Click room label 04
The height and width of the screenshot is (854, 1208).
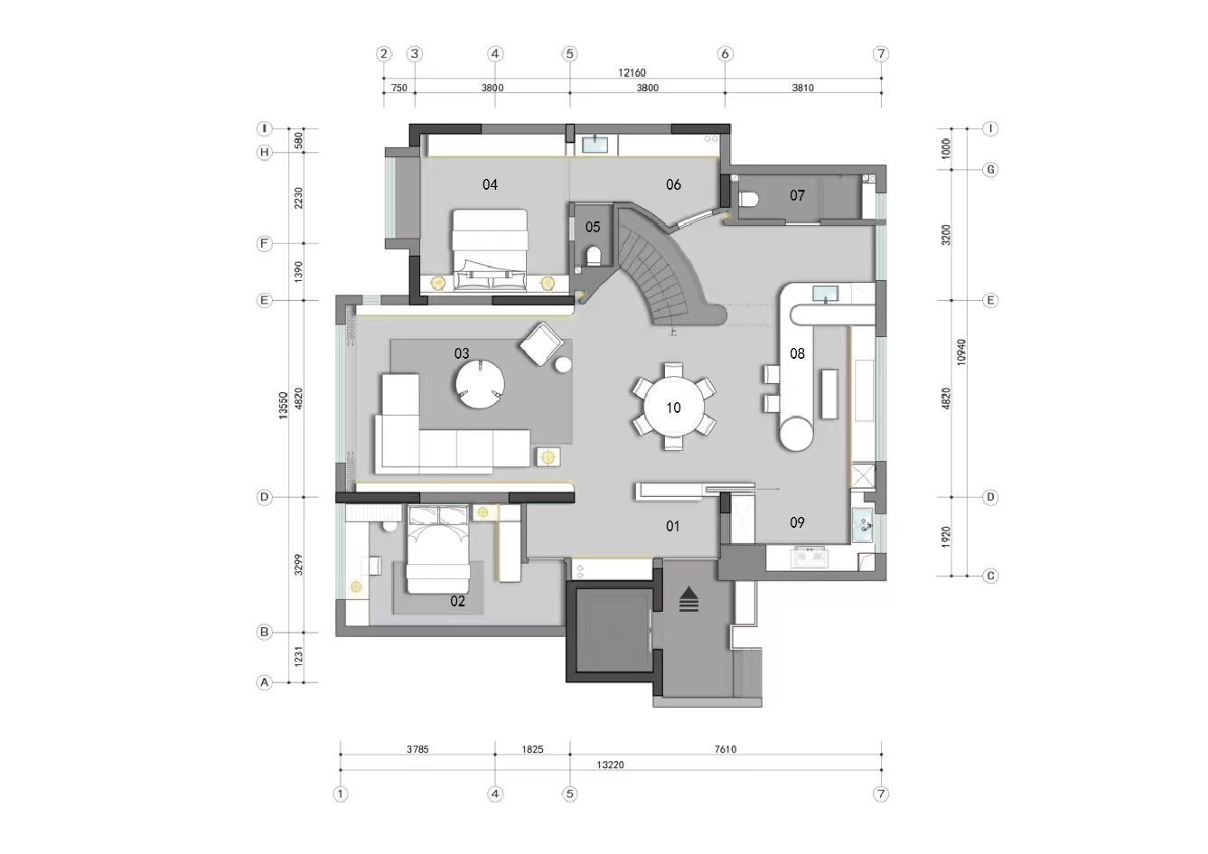point(490,184)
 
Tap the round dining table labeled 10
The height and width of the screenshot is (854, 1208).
point(673,408)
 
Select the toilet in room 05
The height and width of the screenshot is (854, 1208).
point(594,257)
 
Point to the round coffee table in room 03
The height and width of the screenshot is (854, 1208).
point(480,383)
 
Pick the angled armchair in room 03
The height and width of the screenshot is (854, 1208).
point(541,344)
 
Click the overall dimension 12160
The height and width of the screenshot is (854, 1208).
point(632,72)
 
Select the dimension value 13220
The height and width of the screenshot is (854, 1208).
point(610,765)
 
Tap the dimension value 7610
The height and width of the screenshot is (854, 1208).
point(726,749)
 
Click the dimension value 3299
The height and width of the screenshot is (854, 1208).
point(298,564)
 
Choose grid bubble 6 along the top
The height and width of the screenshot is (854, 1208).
point(725,54)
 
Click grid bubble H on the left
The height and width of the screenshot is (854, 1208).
point(264,153)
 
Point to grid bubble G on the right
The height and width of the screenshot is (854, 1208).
point(990,170)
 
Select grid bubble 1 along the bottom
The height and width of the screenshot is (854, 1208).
point(341,794)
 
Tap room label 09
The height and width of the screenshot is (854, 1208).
point(797,522)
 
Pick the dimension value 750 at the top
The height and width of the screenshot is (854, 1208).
point(399,88)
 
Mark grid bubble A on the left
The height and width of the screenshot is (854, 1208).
point(264,682)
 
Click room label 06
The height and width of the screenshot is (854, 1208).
point(673,184)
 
